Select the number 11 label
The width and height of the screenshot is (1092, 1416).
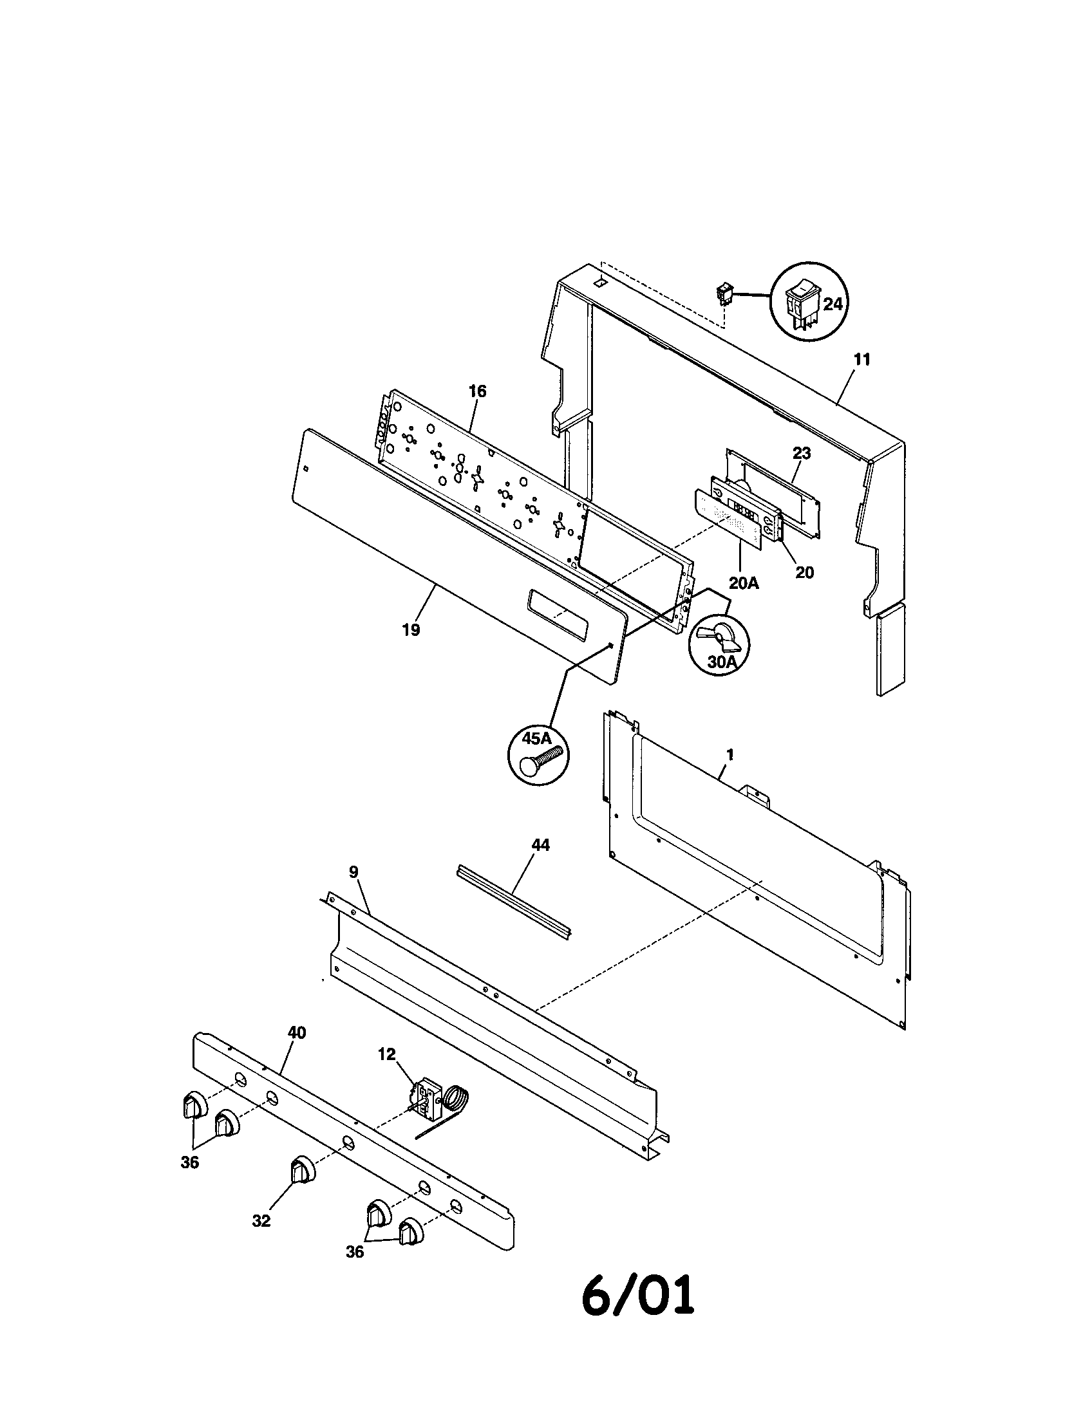pos(861,360)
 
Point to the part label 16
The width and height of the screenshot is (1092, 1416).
pos(477,391)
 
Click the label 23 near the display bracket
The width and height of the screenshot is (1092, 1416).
pos(802,454)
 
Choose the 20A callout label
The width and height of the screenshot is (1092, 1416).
pos(743,583)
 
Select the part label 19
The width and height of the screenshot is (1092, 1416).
pos(411,629)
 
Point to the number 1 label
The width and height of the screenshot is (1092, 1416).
pos(730,755)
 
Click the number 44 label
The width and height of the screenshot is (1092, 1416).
pos(540,846)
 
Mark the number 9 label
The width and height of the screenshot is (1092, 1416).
pos(353,872)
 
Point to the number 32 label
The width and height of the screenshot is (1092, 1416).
pos(261,1221)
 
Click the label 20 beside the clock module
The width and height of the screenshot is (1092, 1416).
pos(804,572)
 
